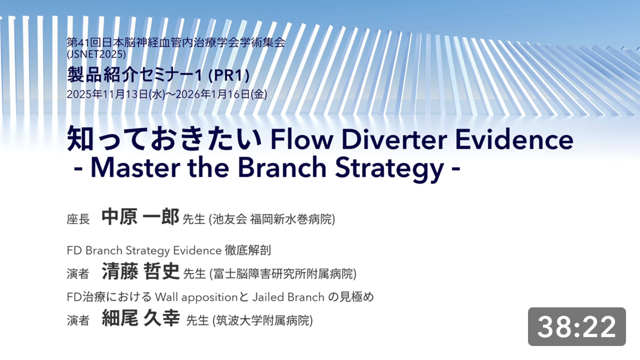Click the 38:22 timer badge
[x=576, y=326]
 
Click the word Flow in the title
[x=301, y=139]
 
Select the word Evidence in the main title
[x=514, y=139]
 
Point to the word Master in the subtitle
[x=135, y=167]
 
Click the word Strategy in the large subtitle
[x=389, y=169]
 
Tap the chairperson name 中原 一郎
[x=140, y=217]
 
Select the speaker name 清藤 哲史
[x=140, y=271]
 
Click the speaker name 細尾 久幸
[x=140, y=318]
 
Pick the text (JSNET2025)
[x=96, y=54]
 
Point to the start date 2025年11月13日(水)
[x=116, y=94]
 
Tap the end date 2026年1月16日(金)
[x=221, y=94]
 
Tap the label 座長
[x=78, y=219]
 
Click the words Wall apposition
[x=196, y=297]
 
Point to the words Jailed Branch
[x=288, y=297]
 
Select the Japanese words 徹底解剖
[x=247, y=250]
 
